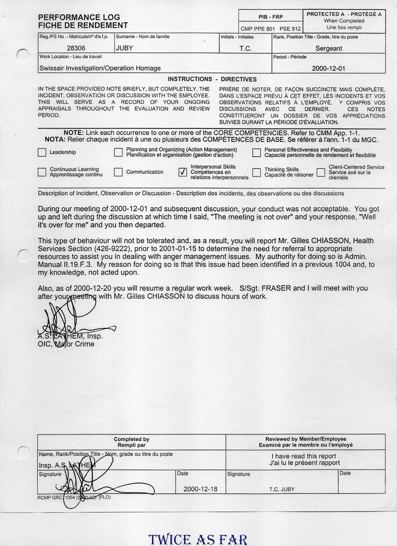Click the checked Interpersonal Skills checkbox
point(183,172)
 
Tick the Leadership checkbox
point(42,153)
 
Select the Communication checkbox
point(118,172)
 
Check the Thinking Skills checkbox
point(256,172)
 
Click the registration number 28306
point(75,48)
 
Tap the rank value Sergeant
point(329,48)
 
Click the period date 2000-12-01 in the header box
point(329,68)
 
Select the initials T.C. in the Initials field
point(246,48)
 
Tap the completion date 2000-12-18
point(201,489)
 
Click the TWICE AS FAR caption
point(197,540)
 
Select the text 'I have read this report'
point(303,456)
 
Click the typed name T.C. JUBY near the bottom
point(282,489)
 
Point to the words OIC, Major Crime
point(66,344)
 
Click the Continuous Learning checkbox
point(42,172)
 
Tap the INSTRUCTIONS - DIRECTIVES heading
point(212,79)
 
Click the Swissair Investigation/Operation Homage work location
point(100,68)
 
